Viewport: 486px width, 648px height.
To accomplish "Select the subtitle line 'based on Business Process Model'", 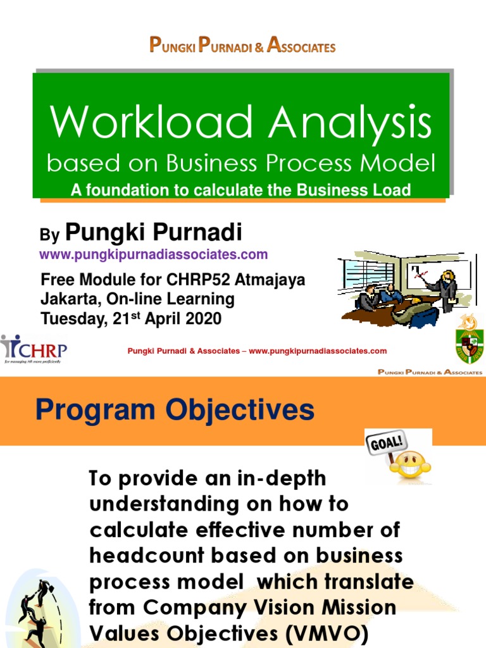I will (241, 164).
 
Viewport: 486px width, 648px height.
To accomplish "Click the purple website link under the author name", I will (154, 254).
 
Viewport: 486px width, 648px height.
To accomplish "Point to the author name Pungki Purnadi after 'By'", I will (154, 233).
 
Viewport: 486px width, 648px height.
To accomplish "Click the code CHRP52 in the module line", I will (201, 280).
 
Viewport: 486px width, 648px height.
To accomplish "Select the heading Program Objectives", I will (175, 410).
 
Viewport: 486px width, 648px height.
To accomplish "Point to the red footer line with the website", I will (257, 351).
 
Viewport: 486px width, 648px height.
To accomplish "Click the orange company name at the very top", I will (242, 46).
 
